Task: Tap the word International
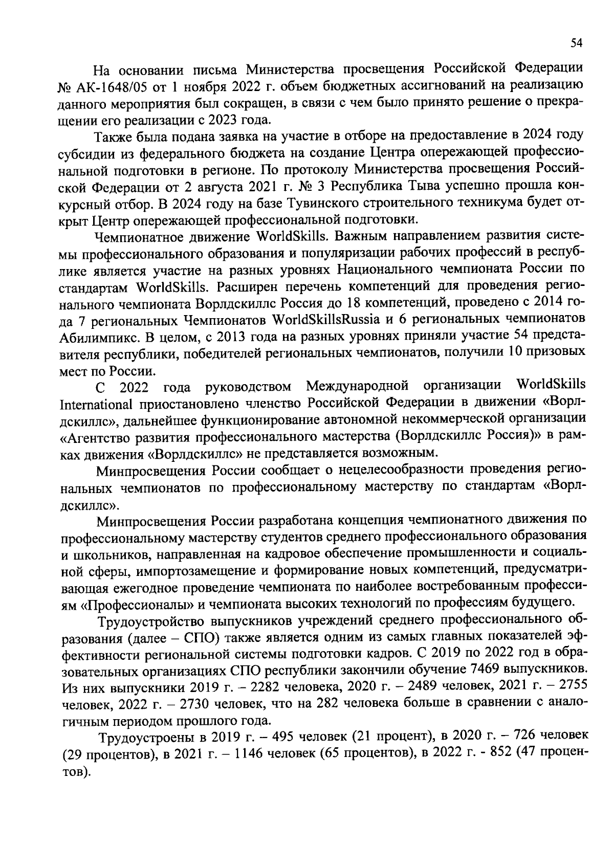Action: (96, 405)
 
